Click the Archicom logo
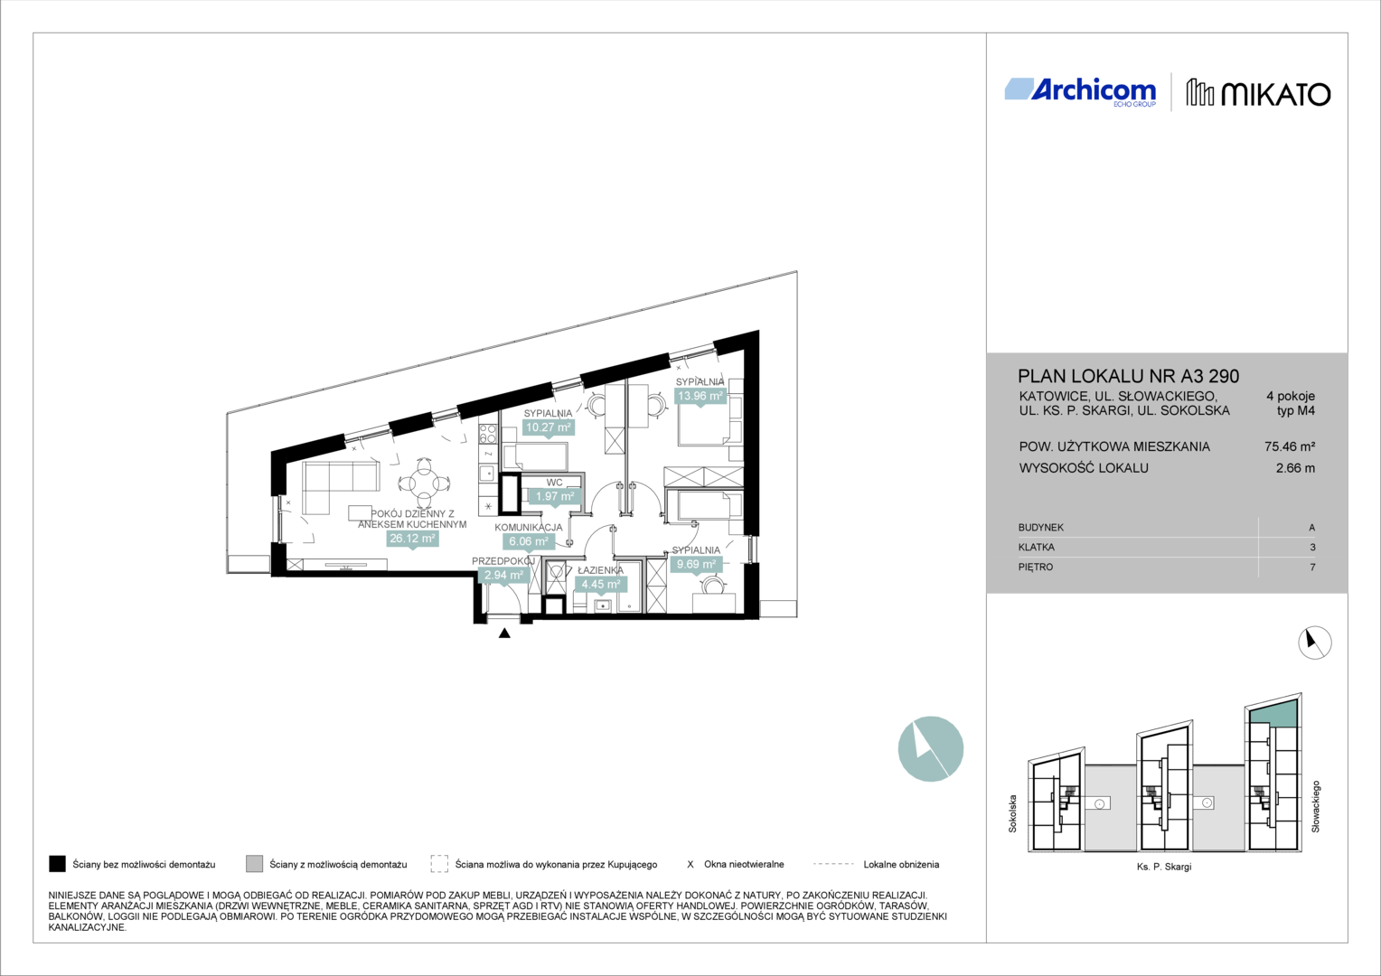click(1080, 92)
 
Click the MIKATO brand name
click(1275, 94)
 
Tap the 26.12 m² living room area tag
click(412, 539)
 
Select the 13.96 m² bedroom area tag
click(700, 396)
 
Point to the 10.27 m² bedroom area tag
click(548, 427)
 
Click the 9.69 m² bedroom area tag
click(696, 564)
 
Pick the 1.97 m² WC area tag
click(555, 496)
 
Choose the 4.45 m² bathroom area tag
click(601, 584)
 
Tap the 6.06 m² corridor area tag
click(529, 541)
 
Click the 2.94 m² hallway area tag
click(503, 576)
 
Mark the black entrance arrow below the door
click(504, 633)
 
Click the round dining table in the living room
click(424, 483)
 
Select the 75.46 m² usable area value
click(1290, 446)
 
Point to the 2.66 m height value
click(1295, 468)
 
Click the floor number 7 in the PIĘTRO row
click(1312, 568)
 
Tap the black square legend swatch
click(57, 864)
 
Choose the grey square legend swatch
click(254, 864)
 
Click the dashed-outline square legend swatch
click(439, 864)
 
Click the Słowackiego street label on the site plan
click(1316, 806)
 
